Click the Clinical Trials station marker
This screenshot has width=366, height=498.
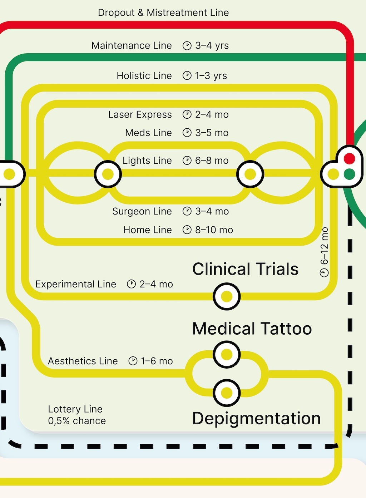[227, 296]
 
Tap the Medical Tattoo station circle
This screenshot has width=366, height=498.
[227, 355]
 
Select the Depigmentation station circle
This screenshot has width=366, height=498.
[227, 393]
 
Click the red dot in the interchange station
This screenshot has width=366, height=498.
[349, 158]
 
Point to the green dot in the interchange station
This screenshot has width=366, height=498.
[349, 174]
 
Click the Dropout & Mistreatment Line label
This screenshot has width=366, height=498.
[163, 13]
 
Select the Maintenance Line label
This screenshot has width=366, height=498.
[132, 45]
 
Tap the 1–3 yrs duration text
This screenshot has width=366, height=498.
[211, 76]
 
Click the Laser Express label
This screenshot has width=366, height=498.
[140, 114]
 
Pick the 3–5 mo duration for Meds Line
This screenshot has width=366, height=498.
[212, 133]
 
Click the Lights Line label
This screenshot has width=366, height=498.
[147, 161]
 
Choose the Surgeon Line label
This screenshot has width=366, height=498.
[142, 211]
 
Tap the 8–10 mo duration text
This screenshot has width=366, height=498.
[214, 230]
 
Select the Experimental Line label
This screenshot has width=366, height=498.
[76, 284]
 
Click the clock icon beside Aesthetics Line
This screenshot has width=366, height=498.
[133, 361]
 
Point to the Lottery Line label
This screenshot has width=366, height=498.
[75, 409]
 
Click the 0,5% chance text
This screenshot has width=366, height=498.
[77, 421]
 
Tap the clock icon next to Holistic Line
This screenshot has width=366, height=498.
[187, 75]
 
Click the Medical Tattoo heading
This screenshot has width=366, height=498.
[252, 329]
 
